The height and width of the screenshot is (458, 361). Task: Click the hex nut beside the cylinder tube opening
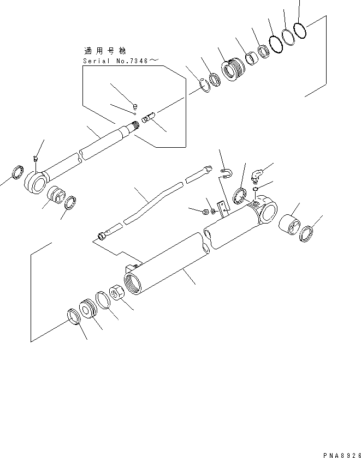click(x=117, y=293)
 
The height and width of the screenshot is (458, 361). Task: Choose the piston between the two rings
click(x=87, y=310)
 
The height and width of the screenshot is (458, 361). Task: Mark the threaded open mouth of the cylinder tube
click(x=134, y=285)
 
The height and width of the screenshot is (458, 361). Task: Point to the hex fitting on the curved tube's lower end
click(x=101, y=236)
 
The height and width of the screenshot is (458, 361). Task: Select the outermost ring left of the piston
click(x=73, y=316)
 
